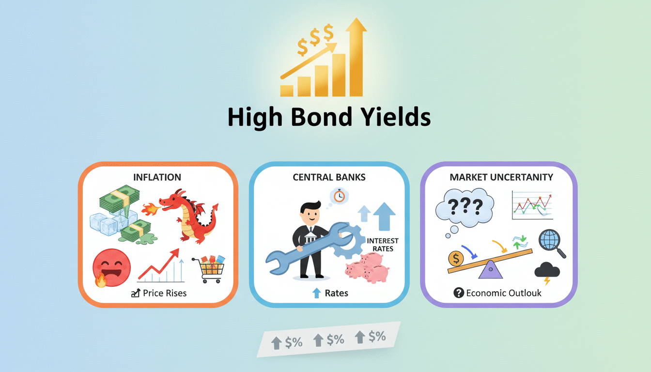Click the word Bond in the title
[322, 117]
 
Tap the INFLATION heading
[157, 177]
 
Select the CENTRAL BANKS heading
[329, 177]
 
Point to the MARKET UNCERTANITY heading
[501, 177]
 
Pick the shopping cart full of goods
[210, 269]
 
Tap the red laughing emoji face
[111, 267]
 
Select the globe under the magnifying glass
[549, 240]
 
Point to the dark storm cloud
[547, 269]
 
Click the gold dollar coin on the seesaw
[456, 258]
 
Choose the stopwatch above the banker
[339, 196]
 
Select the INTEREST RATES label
[383, 245]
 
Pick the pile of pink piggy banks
[367, 267]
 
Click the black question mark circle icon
[459, 293]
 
